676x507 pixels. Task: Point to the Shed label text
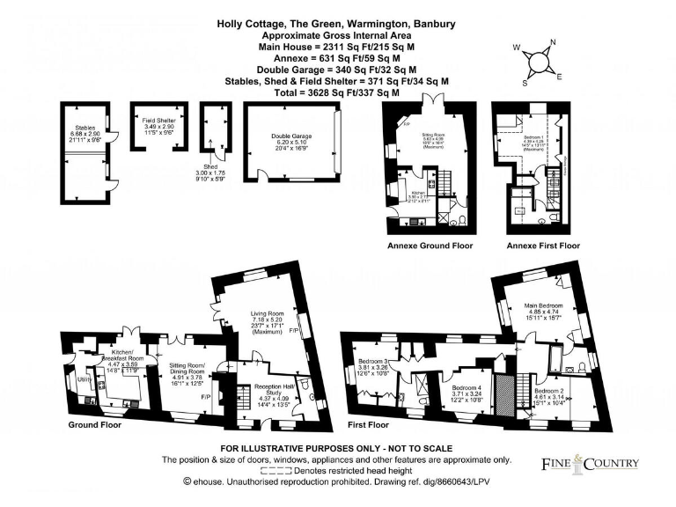coord(209,167)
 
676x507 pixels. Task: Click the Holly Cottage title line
coord(337,25)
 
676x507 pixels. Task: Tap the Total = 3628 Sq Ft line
coord(337,92)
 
